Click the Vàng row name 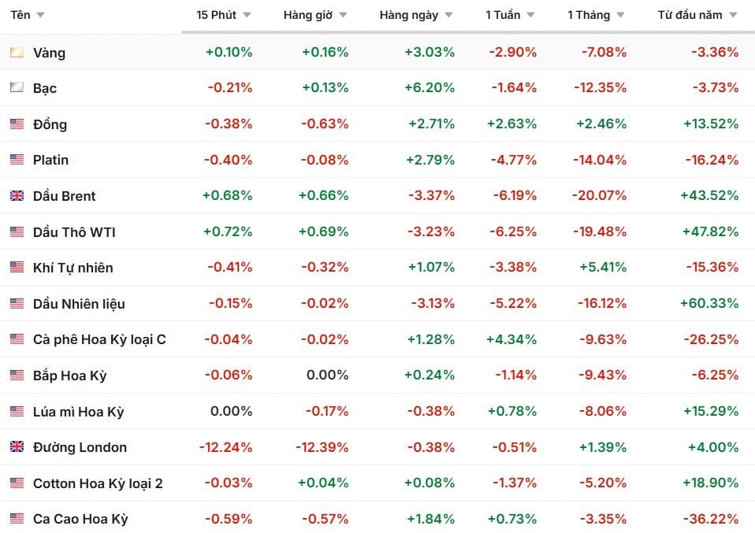pyautogui.click(x=49, y=53)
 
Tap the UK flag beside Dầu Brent pyautogui.click(x=17, y=196)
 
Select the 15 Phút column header pyautogui.click(x=216, y=15)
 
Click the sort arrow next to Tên pyautogui.click(x=40, y=15)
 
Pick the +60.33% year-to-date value pyautogui.click(x=709, y=304)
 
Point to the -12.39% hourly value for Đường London pyautogui.click(x=322, y=447)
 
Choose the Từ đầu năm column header pyautogui.click(x=690, y=15)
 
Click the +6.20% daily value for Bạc pyautogui.click(x=429, y=87)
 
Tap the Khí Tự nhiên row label pyautogui.click(x=73, y=268)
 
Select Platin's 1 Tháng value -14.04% pyautogui.click(x=600, y=160)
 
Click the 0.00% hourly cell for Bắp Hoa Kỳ pyautogui.click(x=327, y=376)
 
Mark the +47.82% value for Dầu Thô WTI pyautogui.click(x=710, y=232)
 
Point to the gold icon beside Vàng pyautogui.click(x=17, y=52)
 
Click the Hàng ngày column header pyautogui.click(x=409, y=15)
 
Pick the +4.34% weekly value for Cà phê pyautogui.click(x=511, y=339)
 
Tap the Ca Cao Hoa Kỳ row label pyautogui.click(x=80, y=519)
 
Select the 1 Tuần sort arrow pyautogui.click(x=530, y=15)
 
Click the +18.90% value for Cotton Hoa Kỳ pyautogui.click(x=710, y=483)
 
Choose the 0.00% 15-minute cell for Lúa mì pyautogui.click(x=231, y=411)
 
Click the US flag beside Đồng pyautogui.click(x=17, y=124)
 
